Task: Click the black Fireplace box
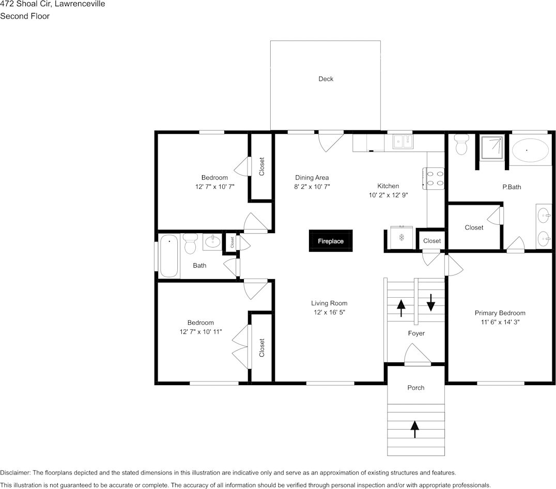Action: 331,241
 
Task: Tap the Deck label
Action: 326,79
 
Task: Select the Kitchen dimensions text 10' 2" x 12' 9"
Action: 388,195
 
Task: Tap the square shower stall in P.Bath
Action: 491,148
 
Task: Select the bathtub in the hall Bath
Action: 169,256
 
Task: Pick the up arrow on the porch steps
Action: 414,429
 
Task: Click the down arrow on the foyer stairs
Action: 431,302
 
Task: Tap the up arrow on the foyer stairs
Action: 401,308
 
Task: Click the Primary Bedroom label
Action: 500,313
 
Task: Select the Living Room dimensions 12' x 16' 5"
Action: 329,313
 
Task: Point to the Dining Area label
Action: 312,178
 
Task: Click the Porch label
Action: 415,388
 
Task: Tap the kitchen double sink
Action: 402,141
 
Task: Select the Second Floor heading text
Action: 25,16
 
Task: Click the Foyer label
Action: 416,333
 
